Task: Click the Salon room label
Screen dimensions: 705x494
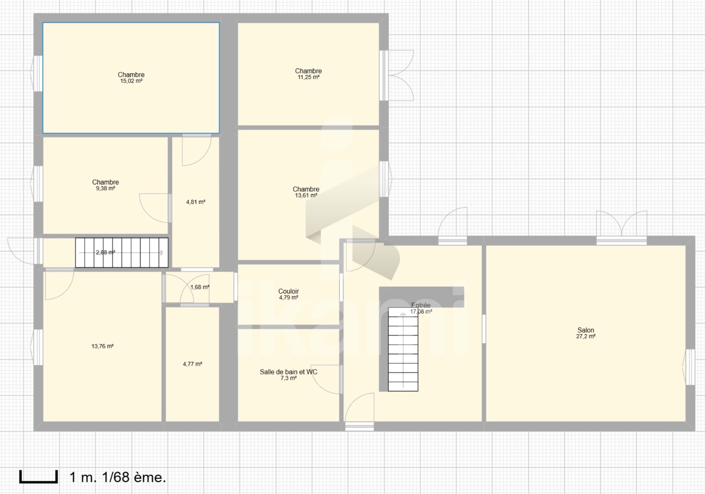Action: click(x=586, y=330)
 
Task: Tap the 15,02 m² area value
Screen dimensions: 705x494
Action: click(x=131, y=81)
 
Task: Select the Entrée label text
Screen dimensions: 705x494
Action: click(x=421, y=305)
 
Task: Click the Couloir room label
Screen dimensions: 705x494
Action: click(x=289, y=291)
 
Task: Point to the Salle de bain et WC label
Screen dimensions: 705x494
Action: click(x=289, y=372)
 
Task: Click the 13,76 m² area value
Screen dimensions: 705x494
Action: click(x=102, y=346)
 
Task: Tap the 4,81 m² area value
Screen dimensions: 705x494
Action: click(x=196, y=202)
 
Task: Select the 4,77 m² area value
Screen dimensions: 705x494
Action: click(x=193, y=364)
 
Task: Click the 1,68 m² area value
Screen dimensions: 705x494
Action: click(x=200, y=287)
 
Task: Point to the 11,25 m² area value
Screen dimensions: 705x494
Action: click(x=308, y=77)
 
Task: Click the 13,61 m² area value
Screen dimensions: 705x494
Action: click(x=306, y=196)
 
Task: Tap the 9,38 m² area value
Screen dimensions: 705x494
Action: click(x=105, y=188)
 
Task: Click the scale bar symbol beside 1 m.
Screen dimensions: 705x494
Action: click(x=39, y=477)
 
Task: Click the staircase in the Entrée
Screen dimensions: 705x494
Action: click(x=403, y=350)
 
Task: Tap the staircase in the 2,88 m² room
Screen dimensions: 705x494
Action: click(x=122, y=253)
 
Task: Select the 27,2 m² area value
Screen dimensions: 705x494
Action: click(x=586, y=336)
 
